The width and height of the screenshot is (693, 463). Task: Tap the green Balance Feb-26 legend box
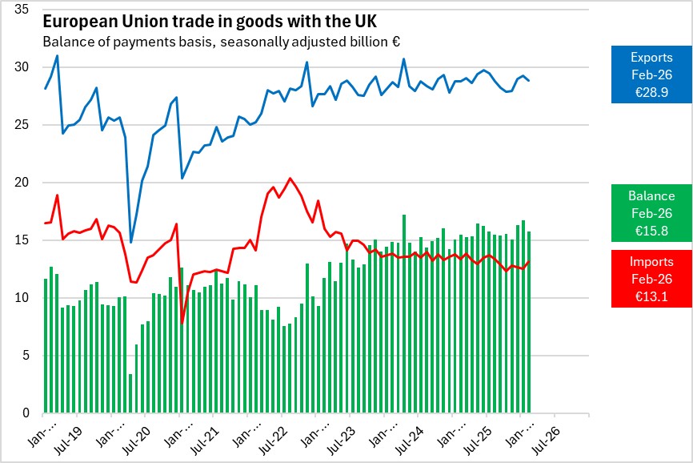point(651,212)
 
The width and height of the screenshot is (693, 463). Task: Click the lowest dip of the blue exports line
point(131,242)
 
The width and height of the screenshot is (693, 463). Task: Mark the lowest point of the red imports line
point(182,323)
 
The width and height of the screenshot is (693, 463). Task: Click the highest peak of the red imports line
point(290,178)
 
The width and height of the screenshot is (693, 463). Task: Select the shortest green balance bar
point(131,393)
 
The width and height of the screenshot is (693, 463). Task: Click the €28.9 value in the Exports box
point(651,93)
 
